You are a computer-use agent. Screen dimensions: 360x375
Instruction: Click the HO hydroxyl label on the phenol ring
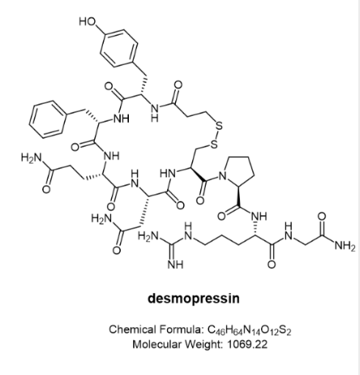(88, 21)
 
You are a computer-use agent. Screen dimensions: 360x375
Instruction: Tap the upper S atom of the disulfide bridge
(219, 126)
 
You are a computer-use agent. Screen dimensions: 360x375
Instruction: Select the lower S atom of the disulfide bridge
(214, 145)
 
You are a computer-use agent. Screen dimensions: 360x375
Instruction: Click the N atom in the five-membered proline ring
(222, 177)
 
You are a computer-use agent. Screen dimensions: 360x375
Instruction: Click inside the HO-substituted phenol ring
(118, 48)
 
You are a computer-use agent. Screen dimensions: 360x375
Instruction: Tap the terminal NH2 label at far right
(345, 246)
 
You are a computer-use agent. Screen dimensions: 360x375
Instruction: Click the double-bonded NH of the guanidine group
(175, 264)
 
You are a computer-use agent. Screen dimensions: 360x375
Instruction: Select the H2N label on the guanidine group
(148, 237)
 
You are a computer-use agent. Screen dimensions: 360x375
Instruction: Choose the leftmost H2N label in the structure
(32, 158)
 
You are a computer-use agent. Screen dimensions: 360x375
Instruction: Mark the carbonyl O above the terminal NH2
(322, 216)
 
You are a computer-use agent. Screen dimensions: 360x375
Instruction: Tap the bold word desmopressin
(194, 298)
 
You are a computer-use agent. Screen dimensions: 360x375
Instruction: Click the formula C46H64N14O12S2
(250, 330)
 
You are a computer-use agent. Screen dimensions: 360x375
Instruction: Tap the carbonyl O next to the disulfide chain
(178, 85)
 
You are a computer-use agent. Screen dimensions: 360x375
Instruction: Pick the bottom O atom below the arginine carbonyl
(272, 264)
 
